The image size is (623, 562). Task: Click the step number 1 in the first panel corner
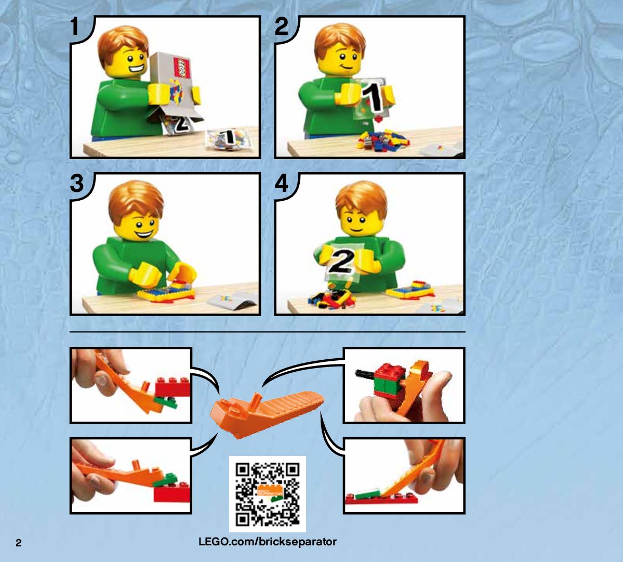[75, 27]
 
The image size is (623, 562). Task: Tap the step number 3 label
[77, 183]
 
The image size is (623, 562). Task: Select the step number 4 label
[282, 183]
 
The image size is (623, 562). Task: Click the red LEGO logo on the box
[182, 68]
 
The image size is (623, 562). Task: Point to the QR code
[268, 494]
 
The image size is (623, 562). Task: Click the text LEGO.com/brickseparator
[268, 542]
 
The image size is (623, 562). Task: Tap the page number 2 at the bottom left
[18, 543]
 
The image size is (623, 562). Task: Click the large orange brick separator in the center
[267, 413]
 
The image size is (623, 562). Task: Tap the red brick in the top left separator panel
[173, 386]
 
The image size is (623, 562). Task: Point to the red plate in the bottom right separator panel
[381, 499]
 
